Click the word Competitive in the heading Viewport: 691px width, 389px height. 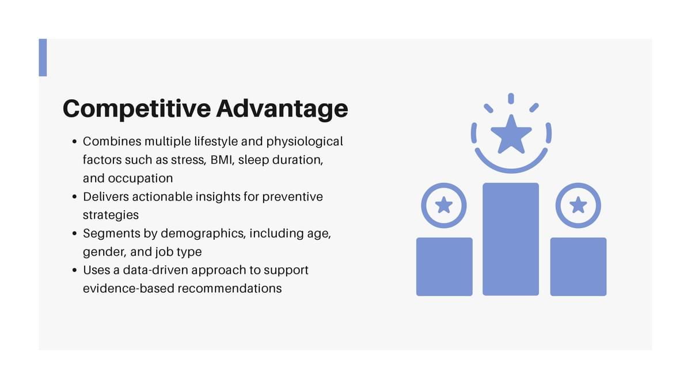coord(136,109)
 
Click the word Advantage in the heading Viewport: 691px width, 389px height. coord(282,109)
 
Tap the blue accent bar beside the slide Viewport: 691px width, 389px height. coord(43,58)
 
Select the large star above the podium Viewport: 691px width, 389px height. coord(511,135)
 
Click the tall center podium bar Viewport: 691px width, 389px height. coord(511,239)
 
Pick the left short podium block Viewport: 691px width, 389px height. coord(444,267)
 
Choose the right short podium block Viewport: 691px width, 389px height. coord(578,267)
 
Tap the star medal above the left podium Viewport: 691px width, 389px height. coord(444,205)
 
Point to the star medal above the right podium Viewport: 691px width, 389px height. coord(578,205)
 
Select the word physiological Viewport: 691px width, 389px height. coord(305,142)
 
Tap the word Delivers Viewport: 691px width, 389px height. coord(106,197)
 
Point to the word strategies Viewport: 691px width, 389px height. coord(111,215)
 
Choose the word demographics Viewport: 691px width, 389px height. coord(203,234)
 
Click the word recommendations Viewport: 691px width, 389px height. coord(230,289)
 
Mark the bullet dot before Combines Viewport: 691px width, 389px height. coord(74,142)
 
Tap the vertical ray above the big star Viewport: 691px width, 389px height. coord(511,99)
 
